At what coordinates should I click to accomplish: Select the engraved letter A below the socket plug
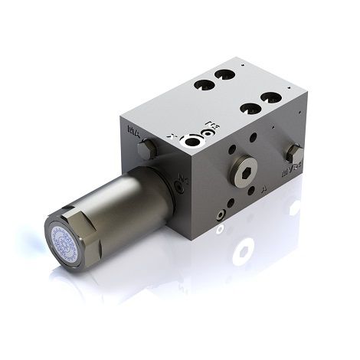(x=263, y=186)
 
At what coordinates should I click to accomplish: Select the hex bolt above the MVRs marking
(x=292, y=150)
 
